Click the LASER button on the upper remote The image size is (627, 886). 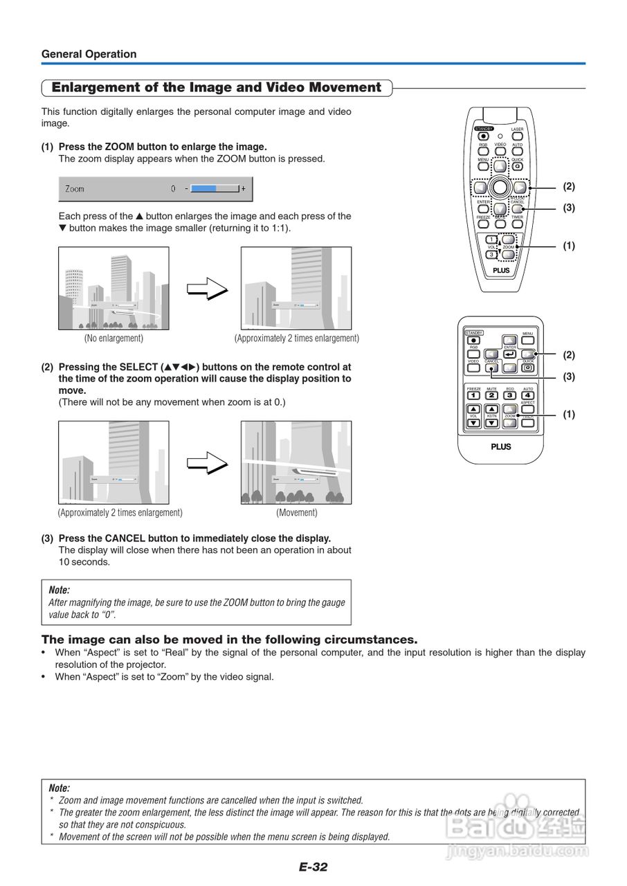517,136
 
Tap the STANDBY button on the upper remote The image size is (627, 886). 483,136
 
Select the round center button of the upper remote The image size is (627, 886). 500,187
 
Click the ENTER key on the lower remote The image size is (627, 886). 509,354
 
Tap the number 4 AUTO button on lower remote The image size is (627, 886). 528,395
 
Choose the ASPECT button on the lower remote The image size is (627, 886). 528,409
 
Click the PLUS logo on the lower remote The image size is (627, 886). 501,446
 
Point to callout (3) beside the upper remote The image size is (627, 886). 569,208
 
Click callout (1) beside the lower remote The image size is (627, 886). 569,415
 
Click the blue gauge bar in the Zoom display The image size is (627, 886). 204,188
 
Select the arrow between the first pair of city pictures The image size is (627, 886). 207,288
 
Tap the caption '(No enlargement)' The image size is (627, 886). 113,338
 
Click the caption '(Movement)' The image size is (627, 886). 297,513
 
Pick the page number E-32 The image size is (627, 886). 313,867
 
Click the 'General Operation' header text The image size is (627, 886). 89,54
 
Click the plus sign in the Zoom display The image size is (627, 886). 243,188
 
